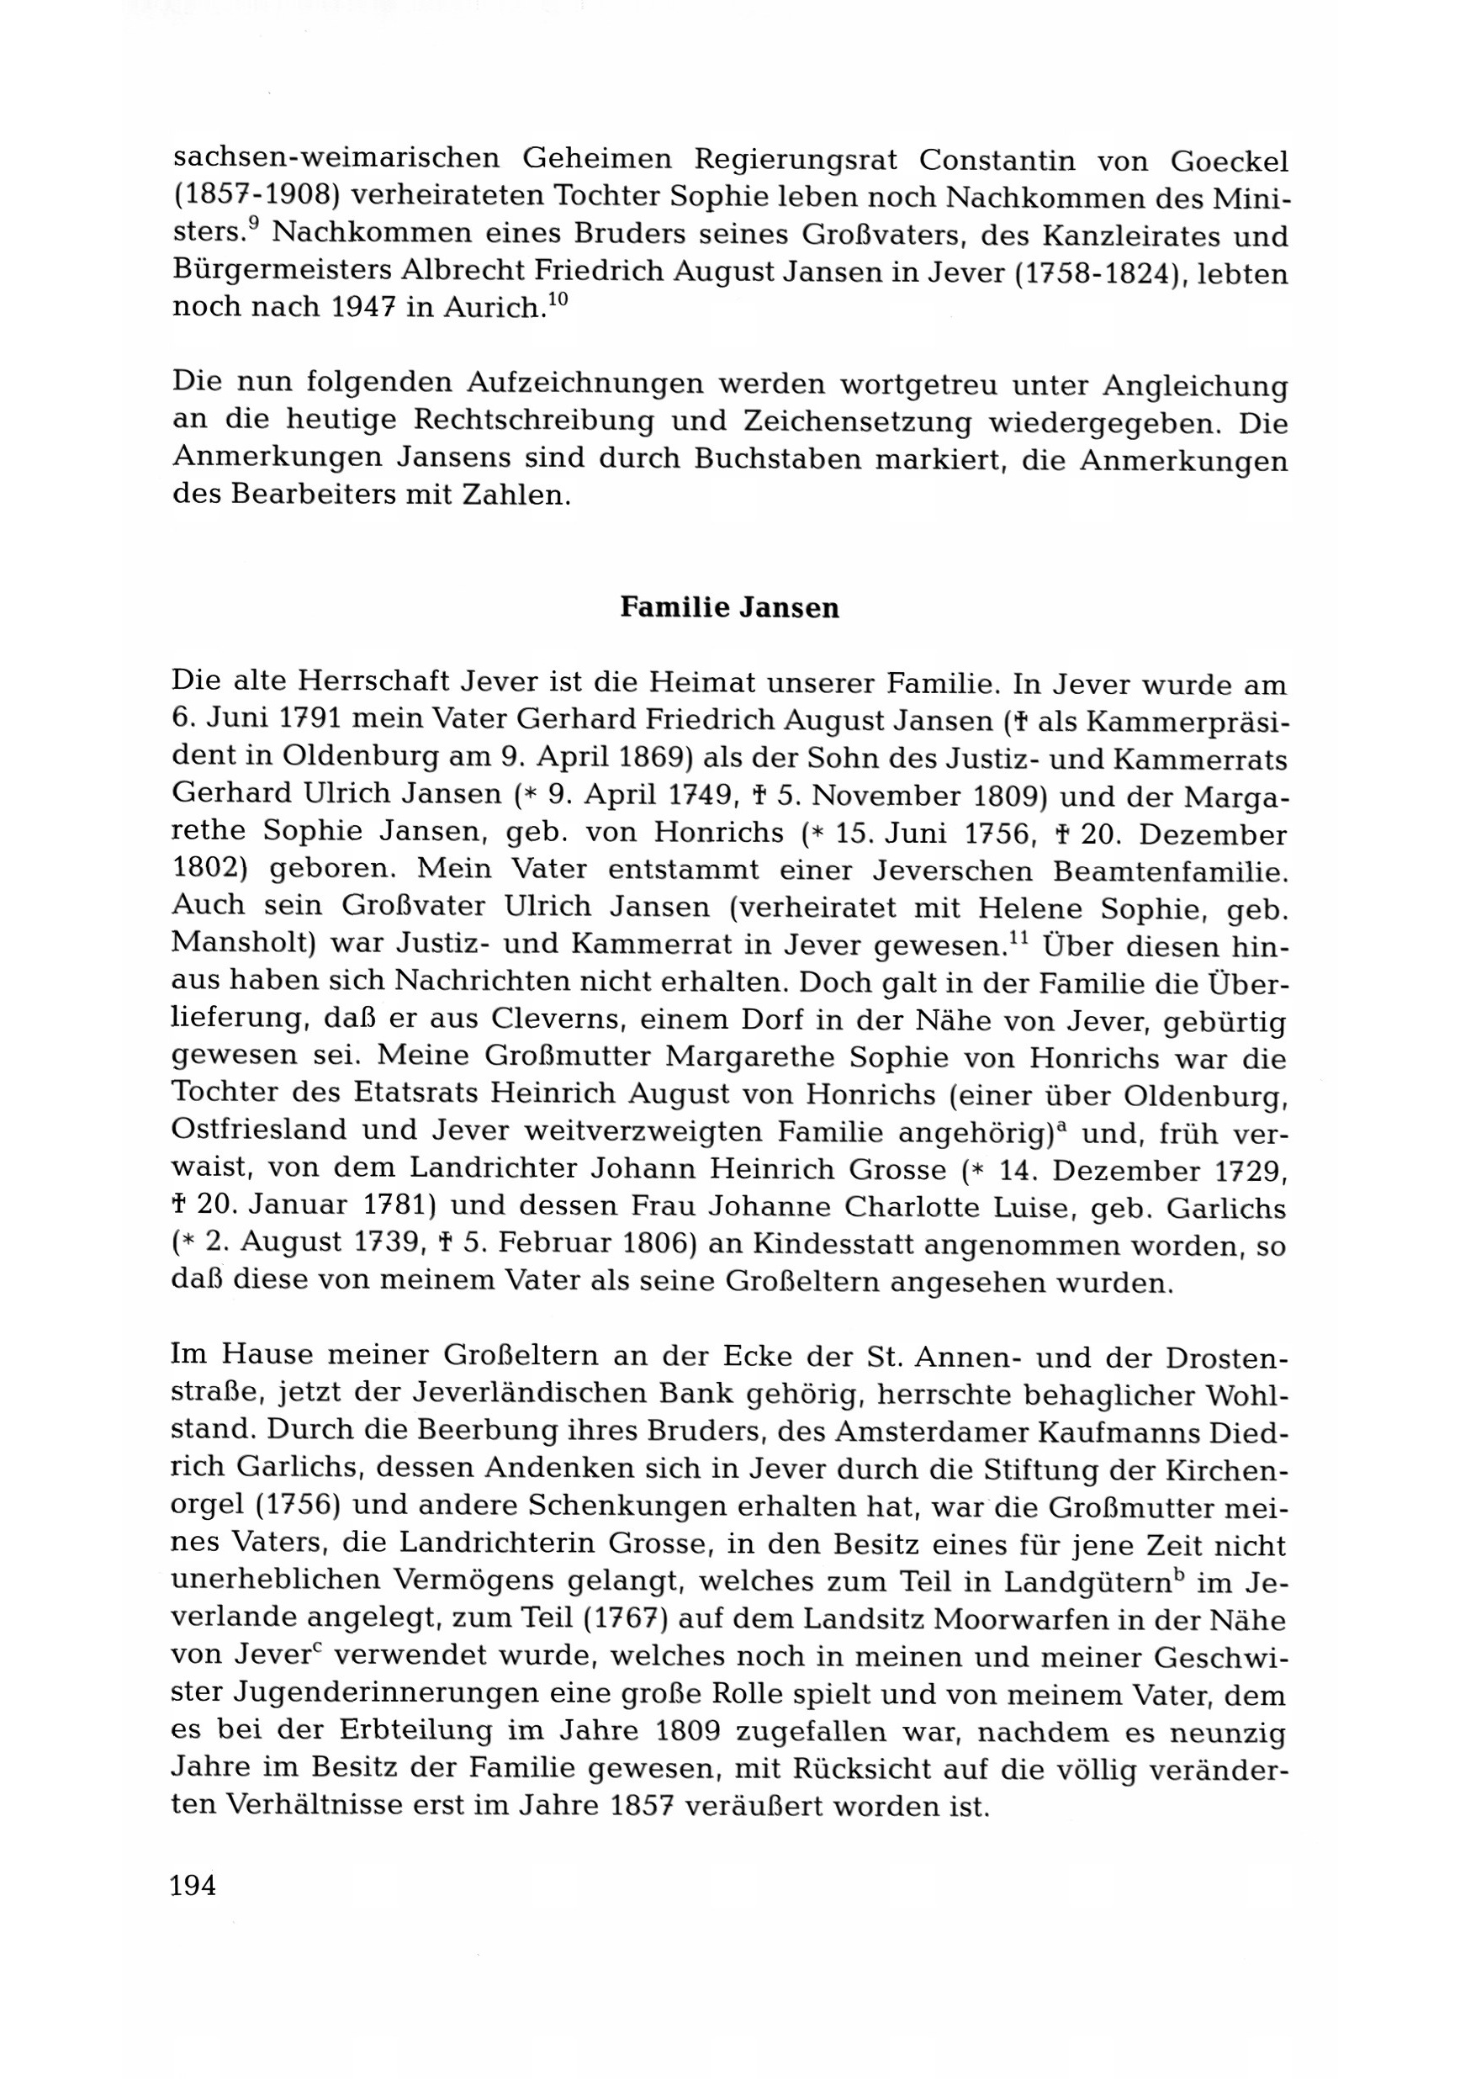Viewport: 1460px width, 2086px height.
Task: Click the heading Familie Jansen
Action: [728, 608]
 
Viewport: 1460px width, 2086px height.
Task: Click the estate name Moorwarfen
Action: [1036, 1620]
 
